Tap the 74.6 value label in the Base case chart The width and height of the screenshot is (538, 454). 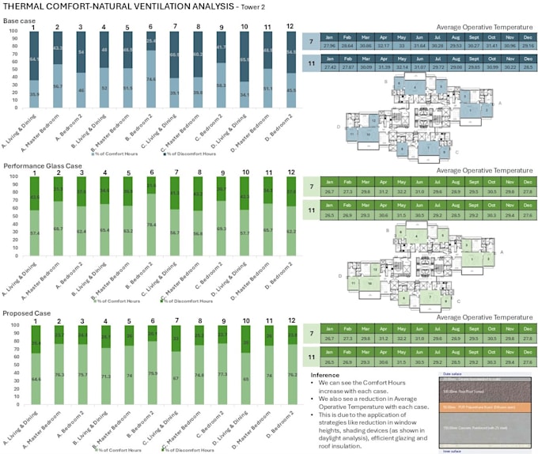[150, 91]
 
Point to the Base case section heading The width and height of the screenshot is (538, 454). [21, 19]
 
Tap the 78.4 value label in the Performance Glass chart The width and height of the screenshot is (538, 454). [150, 225]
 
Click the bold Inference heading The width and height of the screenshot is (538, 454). [325, 375]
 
